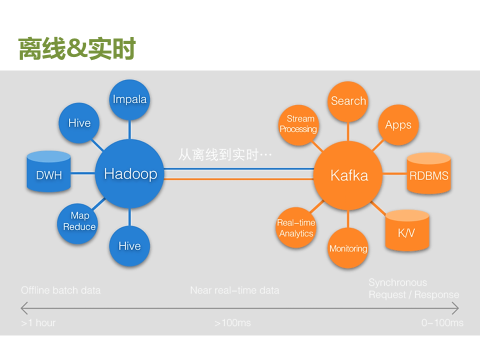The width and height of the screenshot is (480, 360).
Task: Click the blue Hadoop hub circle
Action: point(130,174)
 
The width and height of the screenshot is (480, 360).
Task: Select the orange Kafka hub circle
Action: point(348,175)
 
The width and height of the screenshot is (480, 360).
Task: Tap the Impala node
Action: point(129,99)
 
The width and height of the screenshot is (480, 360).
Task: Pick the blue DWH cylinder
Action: point(48,173)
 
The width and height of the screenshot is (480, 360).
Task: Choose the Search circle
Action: point(348,101)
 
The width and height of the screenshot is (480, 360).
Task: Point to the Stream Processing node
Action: point(298,124)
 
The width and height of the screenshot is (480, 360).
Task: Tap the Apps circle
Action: point(398,125)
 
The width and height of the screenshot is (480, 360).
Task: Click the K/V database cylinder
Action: point(407,230)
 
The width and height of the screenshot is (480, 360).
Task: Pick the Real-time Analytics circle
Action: point(296,228)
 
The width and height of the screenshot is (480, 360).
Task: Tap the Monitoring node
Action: point(348,248)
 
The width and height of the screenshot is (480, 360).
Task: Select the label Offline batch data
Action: point(60,290)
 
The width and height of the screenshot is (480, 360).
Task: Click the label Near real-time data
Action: point(234,290)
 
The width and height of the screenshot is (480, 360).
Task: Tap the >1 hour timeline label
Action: point(38,323)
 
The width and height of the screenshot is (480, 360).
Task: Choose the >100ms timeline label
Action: point(232,323)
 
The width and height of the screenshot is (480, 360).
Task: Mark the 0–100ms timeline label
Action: point(442,323)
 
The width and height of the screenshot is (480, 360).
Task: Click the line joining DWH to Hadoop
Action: point(83,173)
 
